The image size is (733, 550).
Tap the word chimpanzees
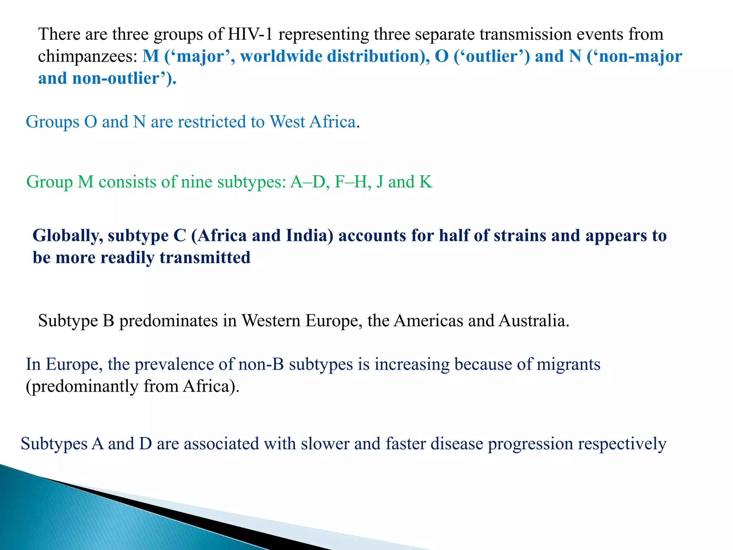tap(88, 57)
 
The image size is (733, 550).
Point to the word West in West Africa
tap(287, 122)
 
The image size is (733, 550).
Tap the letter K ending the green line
tap(426, 182)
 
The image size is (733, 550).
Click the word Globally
tap(68, 236)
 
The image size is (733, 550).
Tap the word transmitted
tap(205, 258)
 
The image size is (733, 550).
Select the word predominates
tap(168, 321)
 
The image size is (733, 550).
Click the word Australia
tap(533, 321)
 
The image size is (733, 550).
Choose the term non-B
tap(261, 365)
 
